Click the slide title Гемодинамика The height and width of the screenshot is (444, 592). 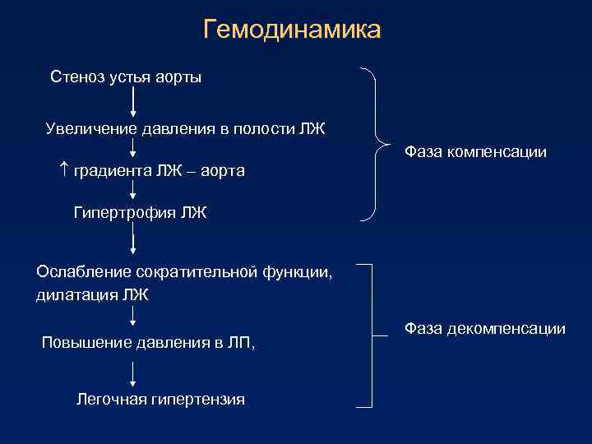[x=292, y=30]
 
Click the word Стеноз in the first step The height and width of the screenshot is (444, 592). [x=76, y=77]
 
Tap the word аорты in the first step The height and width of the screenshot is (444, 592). [x=178, y=77]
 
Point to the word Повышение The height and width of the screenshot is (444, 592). [x=85, y=342]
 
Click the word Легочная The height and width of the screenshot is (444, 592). [x=110, y=400]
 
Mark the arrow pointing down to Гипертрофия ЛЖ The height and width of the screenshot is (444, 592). [x=133, y=192]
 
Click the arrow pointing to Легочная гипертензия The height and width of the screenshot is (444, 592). [x=133, y=374]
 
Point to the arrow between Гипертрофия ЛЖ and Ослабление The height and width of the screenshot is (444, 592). [x=133, y=241]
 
